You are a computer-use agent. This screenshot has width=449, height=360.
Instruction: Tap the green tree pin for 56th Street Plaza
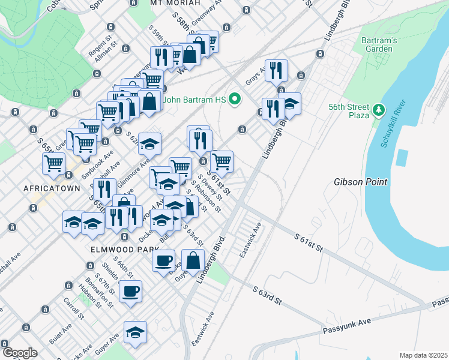click(378, 110)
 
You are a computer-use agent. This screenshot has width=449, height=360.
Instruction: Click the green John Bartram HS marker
click(235, 100)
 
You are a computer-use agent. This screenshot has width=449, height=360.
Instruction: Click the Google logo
click(19, 353)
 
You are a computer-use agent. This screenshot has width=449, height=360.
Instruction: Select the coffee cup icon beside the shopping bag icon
click(163, 260)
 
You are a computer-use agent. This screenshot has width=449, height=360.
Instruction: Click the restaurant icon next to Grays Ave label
click(276, 70)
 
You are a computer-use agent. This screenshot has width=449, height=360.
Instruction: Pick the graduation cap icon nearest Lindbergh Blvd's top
click(290, 104)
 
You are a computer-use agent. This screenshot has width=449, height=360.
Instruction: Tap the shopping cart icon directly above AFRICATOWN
click(54, 162)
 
